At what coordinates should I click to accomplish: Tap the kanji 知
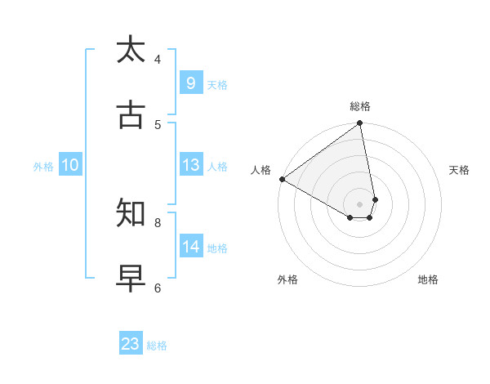pos(131,213)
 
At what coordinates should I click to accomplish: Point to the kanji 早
pos(131,279)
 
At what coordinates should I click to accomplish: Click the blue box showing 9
pos(190,83)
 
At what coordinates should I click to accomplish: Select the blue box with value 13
pos(190,165)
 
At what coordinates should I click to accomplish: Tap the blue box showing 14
pos(190,247)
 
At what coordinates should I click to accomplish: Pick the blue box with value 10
pos(70,165)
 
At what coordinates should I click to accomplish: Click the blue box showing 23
pos(131,344)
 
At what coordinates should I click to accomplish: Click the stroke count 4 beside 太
pos(158,59)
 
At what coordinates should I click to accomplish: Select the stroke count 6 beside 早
pos(158,288)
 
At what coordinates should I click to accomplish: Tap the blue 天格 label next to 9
pos(217,85)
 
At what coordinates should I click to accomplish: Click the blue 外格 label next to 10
pos(43,167)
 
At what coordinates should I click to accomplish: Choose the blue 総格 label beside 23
pos(157,346)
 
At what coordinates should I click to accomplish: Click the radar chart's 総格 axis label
pos(360,106)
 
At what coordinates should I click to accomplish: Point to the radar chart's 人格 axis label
pos(261,170)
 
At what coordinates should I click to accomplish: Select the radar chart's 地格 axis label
pos(428,279)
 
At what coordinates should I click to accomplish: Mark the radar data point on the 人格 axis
pos(282,179)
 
